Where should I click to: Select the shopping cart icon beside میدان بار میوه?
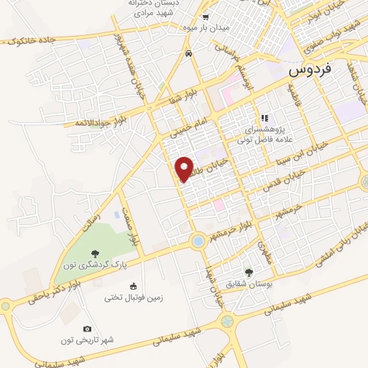tap(205, 17)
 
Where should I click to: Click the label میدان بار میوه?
tap(205, 28)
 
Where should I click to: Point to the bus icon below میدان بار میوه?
tap(188, 53)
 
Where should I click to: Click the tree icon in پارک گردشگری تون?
tap(95, 253)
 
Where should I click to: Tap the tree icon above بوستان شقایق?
tap(249, 272)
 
